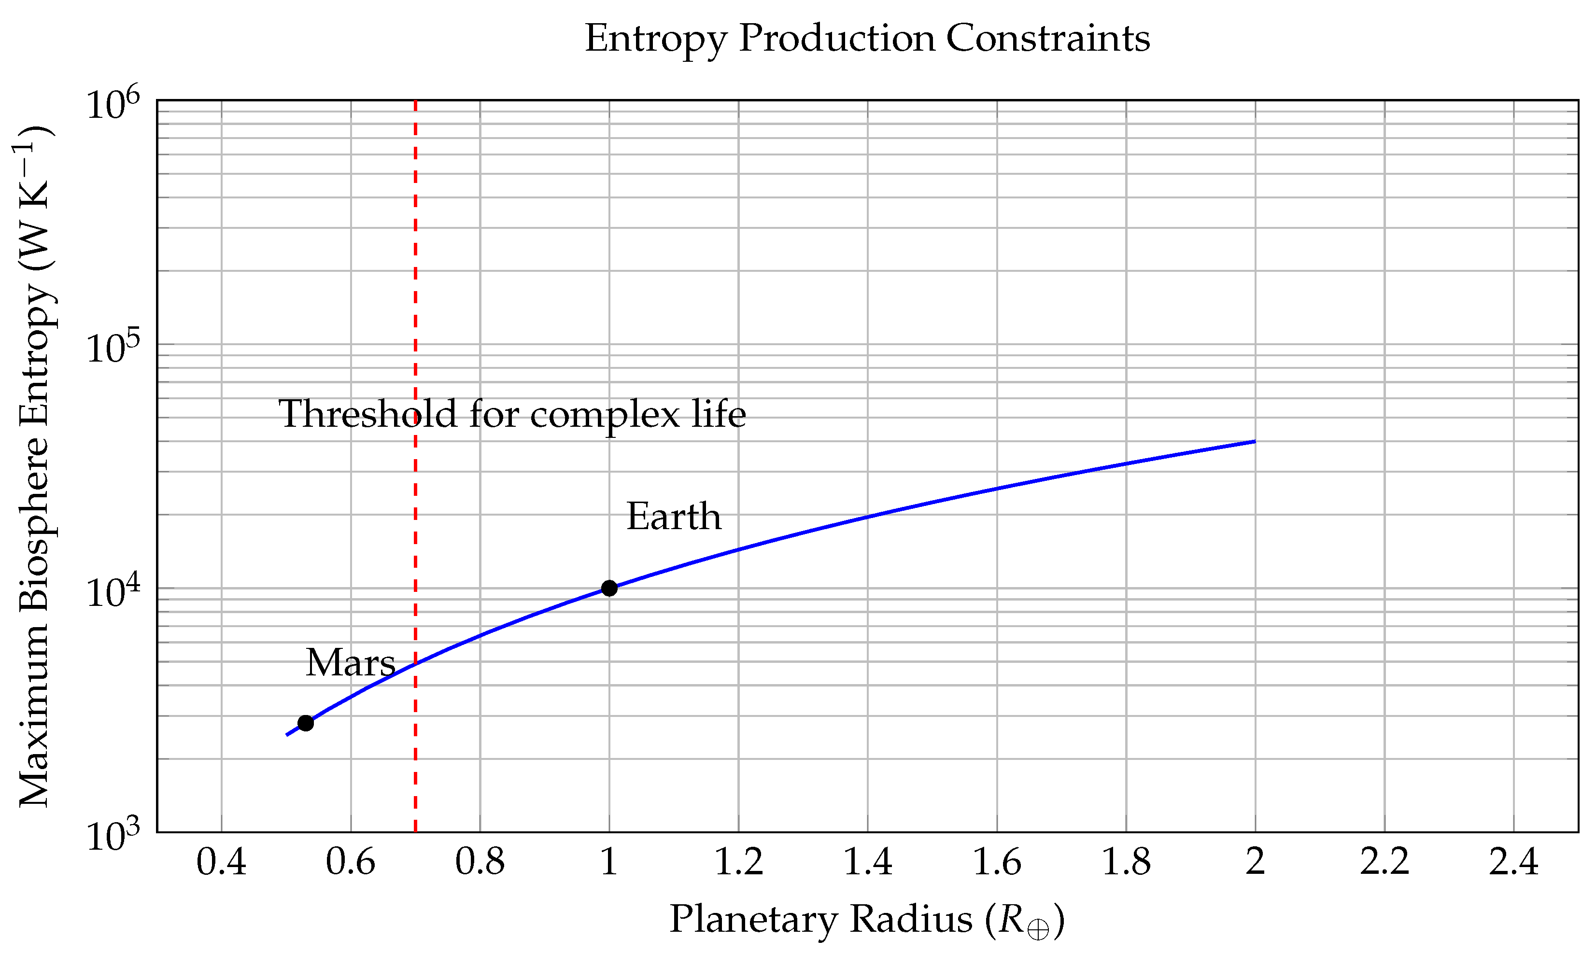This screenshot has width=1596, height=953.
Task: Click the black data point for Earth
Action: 609,588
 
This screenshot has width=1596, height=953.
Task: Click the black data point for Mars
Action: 306,723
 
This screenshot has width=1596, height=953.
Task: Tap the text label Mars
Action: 350,663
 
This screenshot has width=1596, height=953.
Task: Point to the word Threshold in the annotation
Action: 367,414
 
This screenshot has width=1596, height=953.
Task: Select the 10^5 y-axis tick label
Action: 113,349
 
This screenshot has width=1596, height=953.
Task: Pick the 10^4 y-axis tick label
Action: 113,592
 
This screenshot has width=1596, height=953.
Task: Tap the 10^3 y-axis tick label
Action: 113,836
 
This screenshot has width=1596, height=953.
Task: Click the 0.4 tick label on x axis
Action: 221,862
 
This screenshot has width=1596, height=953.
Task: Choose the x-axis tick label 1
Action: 609,862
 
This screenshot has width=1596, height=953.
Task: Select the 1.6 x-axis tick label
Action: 997,862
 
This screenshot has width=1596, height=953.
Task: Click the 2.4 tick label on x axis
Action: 1514,862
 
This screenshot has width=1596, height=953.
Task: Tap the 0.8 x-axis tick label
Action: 480,862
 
